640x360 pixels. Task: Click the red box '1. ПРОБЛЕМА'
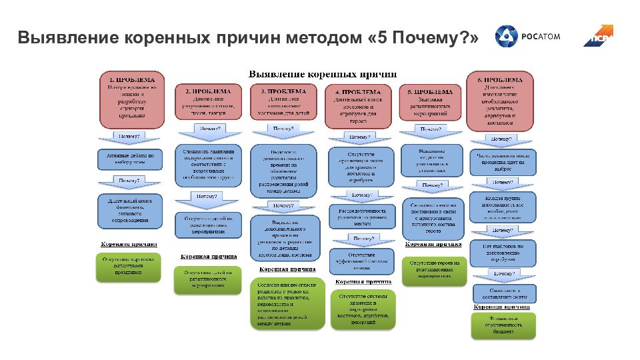click(132, 99)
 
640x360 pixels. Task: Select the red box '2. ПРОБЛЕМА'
click(208, 103)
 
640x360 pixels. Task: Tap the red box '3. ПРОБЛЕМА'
click(283, 103)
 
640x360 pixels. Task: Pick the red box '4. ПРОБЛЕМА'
click(357, 107)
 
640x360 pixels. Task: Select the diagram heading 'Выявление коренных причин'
click(323, 73)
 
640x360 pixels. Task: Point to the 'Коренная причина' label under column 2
click(208, 256)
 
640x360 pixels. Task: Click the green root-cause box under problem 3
click(283, 305)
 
